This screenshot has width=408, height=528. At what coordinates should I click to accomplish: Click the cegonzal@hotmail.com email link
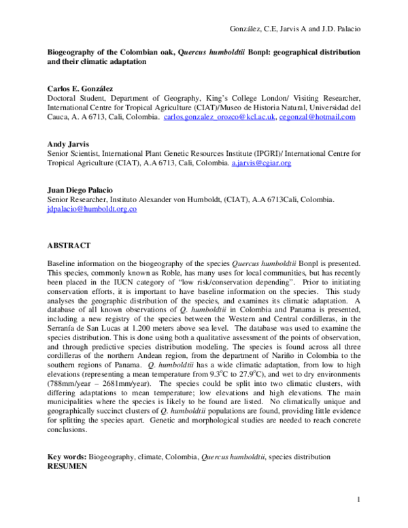point(316,117)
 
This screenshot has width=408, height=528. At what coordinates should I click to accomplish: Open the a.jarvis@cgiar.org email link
point(261,163)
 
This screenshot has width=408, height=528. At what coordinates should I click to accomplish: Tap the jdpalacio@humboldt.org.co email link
point(92,209)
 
